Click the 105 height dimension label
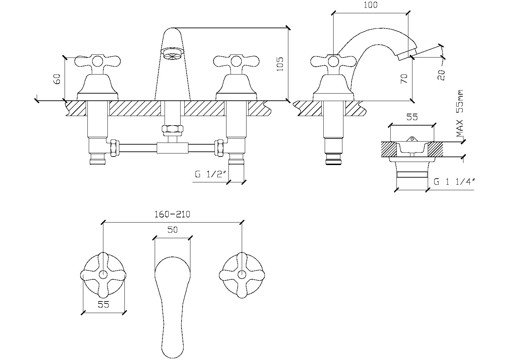(280, 64)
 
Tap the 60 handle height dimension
(57, 79)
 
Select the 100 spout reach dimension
(371, 5)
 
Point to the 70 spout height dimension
(404, 79)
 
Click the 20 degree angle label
(441, 75)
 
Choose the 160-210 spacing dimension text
(172, 214)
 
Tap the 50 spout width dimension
(172, 230)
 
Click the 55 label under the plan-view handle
(103, 304)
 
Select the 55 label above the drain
(412, 117)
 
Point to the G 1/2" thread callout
(211, 174)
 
